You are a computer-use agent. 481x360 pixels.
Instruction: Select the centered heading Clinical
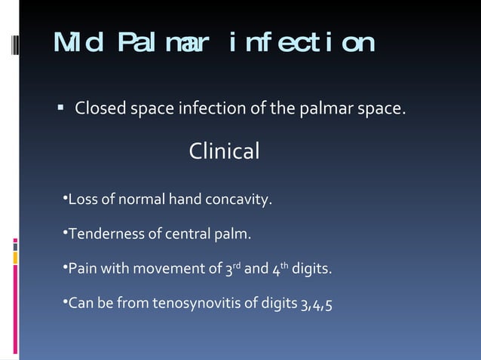click(224, 151)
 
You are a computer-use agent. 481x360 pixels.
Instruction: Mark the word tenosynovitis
click(192, 304)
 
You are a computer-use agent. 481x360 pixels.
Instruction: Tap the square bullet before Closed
click(60, 110)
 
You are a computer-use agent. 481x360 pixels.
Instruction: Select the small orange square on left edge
click(15, 258)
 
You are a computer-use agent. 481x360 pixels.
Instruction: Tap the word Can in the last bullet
click(80, 304)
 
